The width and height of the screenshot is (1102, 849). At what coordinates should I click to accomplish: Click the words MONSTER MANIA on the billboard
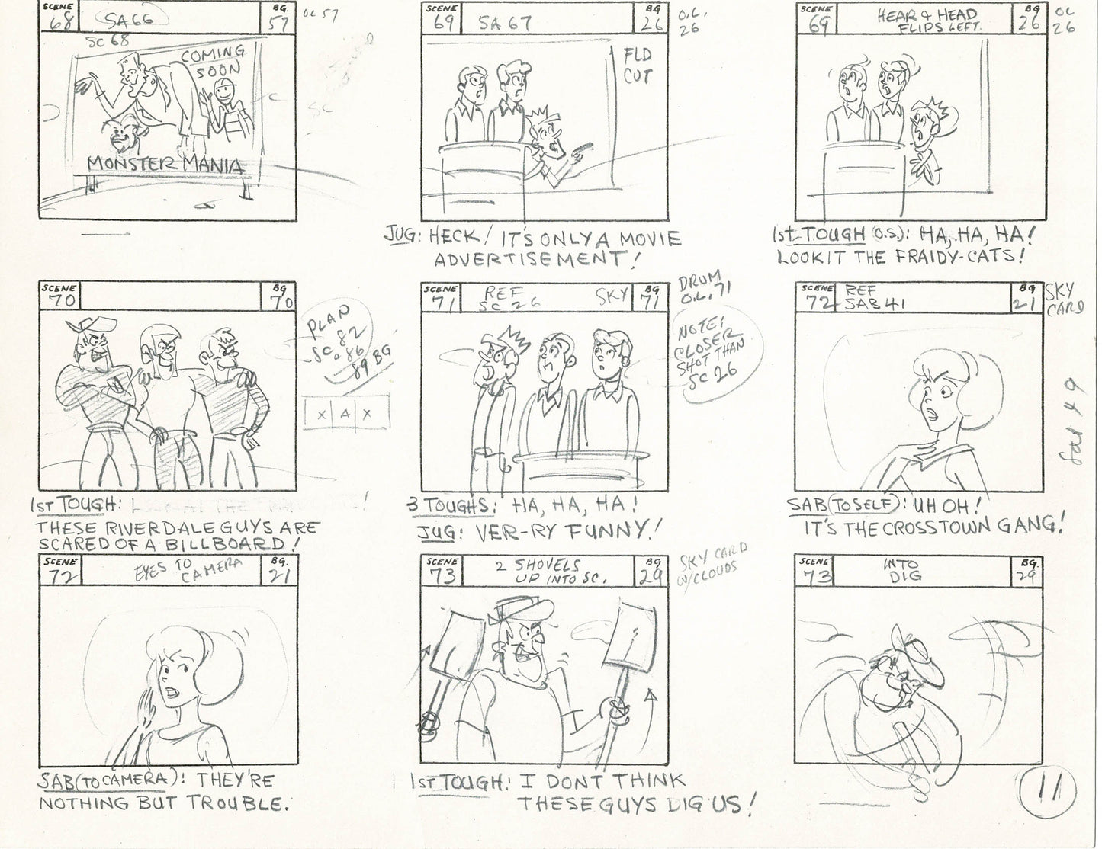coord(166,165)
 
